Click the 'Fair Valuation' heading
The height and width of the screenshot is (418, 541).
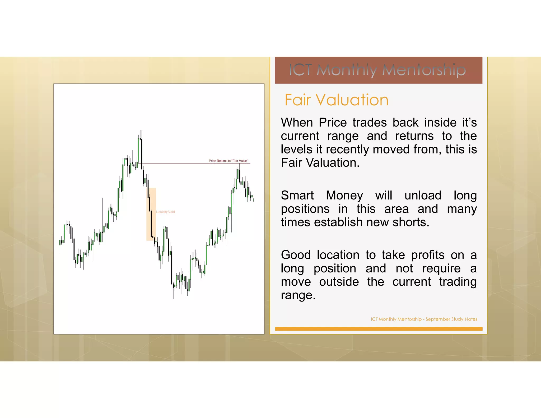(336, 100)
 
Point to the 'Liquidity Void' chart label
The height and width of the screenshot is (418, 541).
(165, 212)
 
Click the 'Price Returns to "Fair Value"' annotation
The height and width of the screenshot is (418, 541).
(228, 161)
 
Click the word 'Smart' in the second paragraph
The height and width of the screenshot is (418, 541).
(297, 196)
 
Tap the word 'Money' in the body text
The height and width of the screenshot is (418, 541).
(344, 196)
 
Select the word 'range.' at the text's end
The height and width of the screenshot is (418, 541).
(298, 295)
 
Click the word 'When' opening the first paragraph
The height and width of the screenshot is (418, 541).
(297, 123)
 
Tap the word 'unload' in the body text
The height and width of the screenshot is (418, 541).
(423, 196)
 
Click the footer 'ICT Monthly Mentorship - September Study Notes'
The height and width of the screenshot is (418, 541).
(424, 319)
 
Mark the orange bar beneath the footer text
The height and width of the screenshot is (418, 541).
(379, 329)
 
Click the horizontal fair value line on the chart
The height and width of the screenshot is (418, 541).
(185, 164)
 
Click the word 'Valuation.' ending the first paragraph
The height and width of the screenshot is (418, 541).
(333, 163)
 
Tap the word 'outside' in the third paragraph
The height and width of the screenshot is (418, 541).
(339, 282)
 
